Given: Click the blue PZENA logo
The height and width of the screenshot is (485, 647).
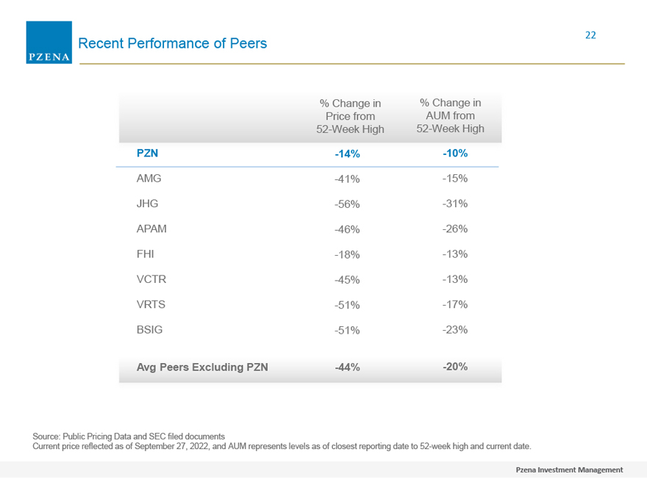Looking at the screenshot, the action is coord(49,43).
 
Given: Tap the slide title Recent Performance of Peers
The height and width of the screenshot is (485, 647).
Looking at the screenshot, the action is coord(173,43).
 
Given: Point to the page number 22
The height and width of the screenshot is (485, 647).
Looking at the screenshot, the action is coord(590,35).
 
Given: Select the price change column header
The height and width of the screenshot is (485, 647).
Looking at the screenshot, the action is coord(350,116).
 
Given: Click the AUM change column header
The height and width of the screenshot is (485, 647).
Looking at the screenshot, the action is coord(450,115).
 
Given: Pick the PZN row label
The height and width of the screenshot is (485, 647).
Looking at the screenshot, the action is coord(147,154).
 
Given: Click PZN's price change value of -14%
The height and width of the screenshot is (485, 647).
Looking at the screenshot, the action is coord(347,154).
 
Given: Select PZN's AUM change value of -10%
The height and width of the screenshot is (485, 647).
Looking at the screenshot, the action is coord(455,154).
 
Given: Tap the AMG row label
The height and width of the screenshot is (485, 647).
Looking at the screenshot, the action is coord(149,179).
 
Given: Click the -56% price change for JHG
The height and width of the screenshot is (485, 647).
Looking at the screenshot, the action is coord(347,204).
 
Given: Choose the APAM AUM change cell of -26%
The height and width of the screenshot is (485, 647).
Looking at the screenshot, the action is coord(455,229).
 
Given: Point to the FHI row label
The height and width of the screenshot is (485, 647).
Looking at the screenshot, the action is coord(146,254).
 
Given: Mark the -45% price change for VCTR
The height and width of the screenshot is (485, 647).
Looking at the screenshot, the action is coord(347,280).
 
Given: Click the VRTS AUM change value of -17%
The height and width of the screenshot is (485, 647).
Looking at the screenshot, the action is coord(455,304).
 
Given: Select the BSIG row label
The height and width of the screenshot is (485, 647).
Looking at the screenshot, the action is coord(149,330).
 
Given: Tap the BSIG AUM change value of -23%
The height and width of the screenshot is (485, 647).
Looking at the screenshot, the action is coord(455,330).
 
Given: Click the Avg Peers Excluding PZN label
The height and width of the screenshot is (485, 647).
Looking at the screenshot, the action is coord(202,367).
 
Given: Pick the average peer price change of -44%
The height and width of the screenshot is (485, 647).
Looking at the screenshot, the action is coord(347,367).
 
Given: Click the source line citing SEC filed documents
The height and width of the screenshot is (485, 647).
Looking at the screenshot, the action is coord(129,436).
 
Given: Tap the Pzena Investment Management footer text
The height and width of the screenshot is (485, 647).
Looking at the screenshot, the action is coord(569,470).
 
